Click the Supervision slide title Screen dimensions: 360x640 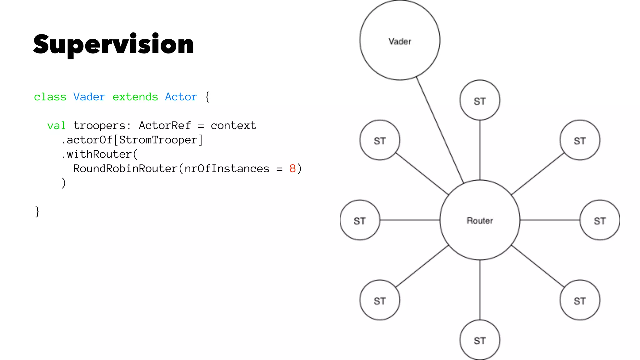click(113, 45)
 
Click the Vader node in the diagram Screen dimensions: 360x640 click(400, 41)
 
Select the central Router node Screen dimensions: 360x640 click(480, 220)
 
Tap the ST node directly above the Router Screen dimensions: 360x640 click(480, 100)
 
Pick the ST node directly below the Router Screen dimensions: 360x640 click(480, 340)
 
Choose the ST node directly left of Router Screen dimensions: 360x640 click(360, 220)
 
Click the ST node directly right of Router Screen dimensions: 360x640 click(600, 220)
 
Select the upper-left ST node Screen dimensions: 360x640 click(380, 140)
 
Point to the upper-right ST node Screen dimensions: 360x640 click(580, 140)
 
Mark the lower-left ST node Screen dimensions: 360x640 click(380, 300)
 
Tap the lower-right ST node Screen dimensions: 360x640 click(580, 300)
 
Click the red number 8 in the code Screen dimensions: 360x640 click(292, 169)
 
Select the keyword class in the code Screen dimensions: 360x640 click(50, 97)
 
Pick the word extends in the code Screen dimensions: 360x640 click(135, 97)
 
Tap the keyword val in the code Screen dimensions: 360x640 click(56, 126)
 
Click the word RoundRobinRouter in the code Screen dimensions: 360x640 click(125, 169)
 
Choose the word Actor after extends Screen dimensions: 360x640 click(181, 97)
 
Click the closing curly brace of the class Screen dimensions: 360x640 click(37, 212)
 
